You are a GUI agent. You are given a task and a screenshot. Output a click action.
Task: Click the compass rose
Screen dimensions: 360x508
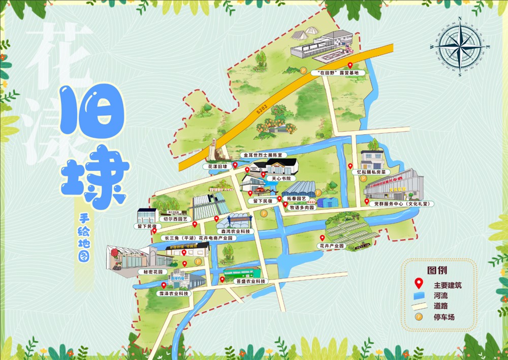pyautogui.click(x=460, y=46)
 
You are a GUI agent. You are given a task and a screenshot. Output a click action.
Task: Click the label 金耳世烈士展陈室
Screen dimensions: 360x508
pyautogui.click(x=265, y=155)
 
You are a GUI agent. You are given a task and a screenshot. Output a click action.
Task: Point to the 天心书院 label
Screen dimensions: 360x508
pyautogui.click(x=281, y=178)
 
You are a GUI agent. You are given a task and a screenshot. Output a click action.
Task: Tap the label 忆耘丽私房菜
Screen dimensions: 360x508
pyautogui.click(x=375, y=172)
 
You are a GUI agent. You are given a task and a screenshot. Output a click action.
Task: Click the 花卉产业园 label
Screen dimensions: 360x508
pyautogui.click(x=331, y=246)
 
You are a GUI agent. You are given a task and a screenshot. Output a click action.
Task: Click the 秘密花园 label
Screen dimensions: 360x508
pyautogui.click(x=153, y=272)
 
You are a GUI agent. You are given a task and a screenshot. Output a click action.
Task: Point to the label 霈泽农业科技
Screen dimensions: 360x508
pyautogui.click(x=173, y=293)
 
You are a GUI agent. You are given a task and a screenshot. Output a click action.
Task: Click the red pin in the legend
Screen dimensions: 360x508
pyautogui.click(x=419, y=284)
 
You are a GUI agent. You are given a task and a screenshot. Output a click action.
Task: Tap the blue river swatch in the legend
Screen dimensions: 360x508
pyautogui.click(x=419, y=295)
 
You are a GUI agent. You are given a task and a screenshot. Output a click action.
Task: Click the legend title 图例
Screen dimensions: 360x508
pyautogui.click(x=437, y=270)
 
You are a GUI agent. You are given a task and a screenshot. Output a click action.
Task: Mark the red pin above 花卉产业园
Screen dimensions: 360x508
pyautogui.click(x=323, y=238)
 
